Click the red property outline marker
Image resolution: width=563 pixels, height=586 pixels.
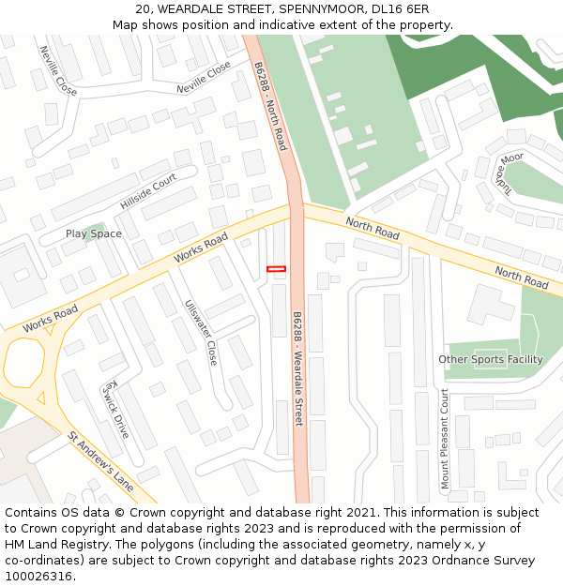tap(276, 269)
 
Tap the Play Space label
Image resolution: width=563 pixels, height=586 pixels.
tap(93, 233)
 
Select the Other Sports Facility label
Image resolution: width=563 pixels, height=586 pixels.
tap(490, 360)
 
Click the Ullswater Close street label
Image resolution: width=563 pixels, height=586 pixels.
tap(201, 332)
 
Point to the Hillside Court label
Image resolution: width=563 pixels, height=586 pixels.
tap(148, 192)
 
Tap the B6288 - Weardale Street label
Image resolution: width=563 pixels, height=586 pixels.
tap(297, 368)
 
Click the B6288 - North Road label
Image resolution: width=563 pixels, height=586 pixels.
tap(270, 106)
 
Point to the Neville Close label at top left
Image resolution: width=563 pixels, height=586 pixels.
tap(58, 71)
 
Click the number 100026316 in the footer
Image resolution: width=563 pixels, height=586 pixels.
tap(40, 576)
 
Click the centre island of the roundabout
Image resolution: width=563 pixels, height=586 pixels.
tap(24, 363)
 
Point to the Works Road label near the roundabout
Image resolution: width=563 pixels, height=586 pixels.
tap(51, 319)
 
